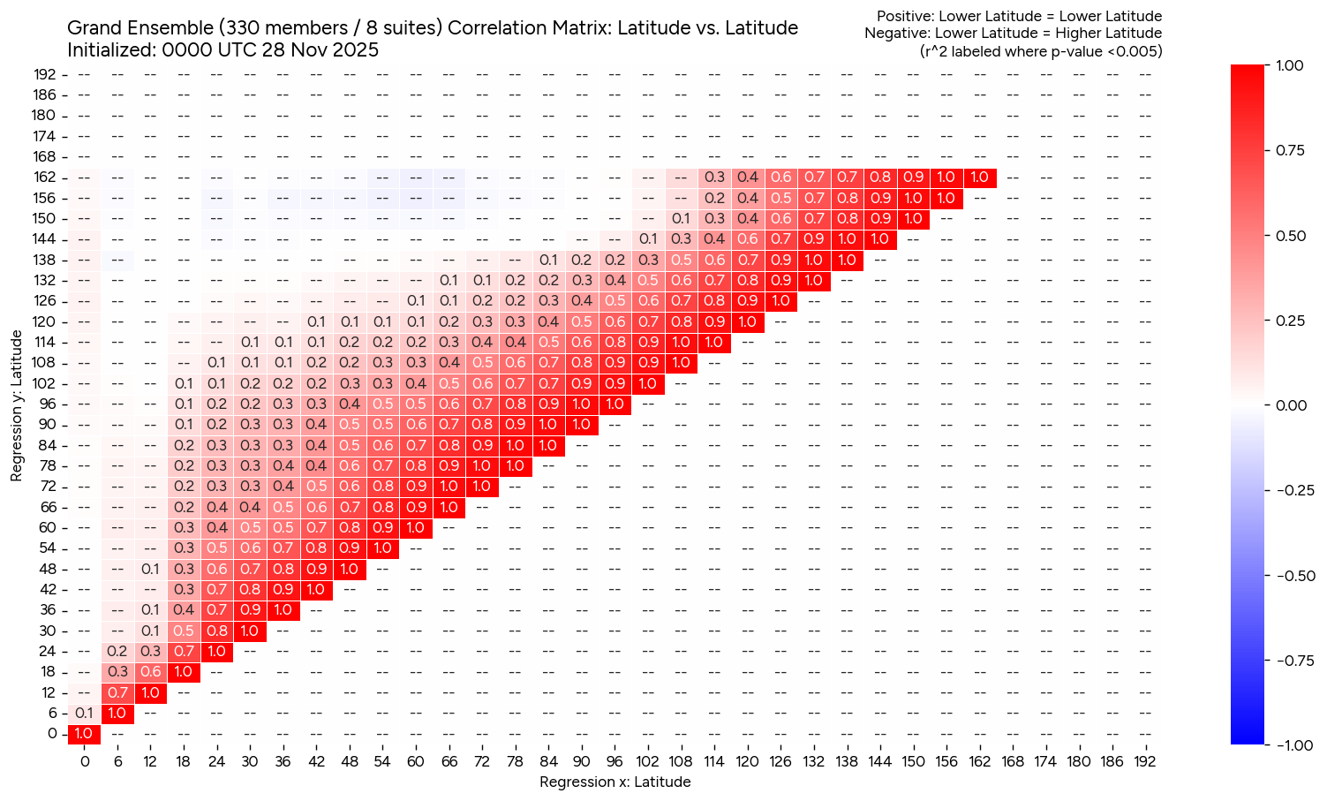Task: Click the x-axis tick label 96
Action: point(614,761)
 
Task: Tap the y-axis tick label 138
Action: point(45,260)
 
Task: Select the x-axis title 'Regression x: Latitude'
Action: point(614,782)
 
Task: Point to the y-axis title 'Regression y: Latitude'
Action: point(17,405)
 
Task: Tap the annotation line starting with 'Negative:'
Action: point(1013,34)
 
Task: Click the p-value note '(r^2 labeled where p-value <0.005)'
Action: point(1041,51)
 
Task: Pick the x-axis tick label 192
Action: point(1144,761)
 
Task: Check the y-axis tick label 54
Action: point(49,548)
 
